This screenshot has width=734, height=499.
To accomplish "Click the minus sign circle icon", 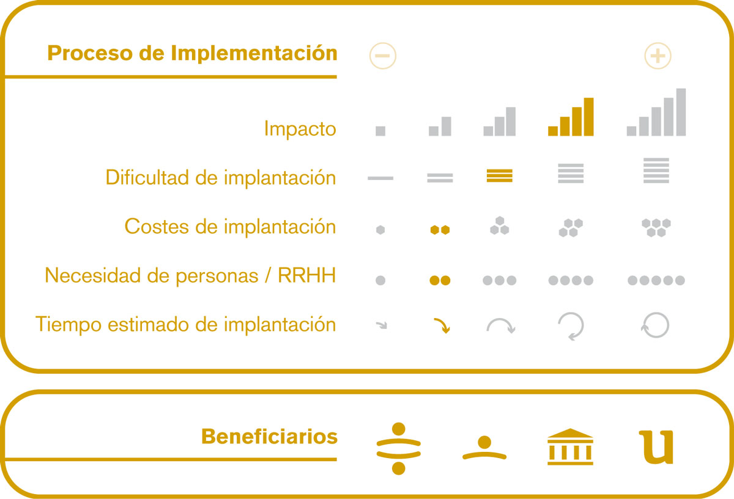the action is [x=383, y=56].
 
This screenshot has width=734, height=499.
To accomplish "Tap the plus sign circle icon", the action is [x=658, y=56].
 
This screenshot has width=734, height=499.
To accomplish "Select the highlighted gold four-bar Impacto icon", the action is [x=571, y=117].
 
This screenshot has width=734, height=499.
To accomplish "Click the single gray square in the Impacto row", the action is [x=380, y=131].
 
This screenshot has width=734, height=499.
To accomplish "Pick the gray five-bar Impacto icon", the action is [x=656, y=112].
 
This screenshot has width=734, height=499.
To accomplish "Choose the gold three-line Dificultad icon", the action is [x=499, y=176].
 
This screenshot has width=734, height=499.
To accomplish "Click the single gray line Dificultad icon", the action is [x=380, y=178].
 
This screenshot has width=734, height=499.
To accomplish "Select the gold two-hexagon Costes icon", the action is [x=440, y=230].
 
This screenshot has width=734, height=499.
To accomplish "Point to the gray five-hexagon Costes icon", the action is [x=656, y=227].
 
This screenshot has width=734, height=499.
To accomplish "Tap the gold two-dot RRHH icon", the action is [x=440, y=281].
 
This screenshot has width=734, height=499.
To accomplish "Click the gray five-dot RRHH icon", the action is [x=656, y=281].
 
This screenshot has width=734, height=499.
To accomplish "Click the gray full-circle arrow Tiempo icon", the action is [x=655, y=325].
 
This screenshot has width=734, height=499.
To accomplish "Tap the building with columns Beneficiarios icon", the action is [x=571, y=446].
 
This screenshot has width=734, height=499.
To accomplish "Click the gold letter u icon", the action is [x=656, y=447].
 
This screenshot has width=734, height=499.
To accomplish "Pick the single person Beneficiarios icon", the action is [x=484, y=448].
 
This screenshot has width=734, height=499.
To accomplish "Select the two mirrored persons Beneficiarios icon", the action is [x=398, y=448].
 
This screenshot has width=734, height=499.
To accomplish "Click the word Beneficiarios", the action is [x=269, y=437].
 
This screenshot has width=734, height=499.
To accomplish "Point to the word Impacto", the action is [x=300, y=128].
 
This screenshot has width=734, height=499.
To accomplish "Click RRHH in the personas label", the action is [x=306, y=275].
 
